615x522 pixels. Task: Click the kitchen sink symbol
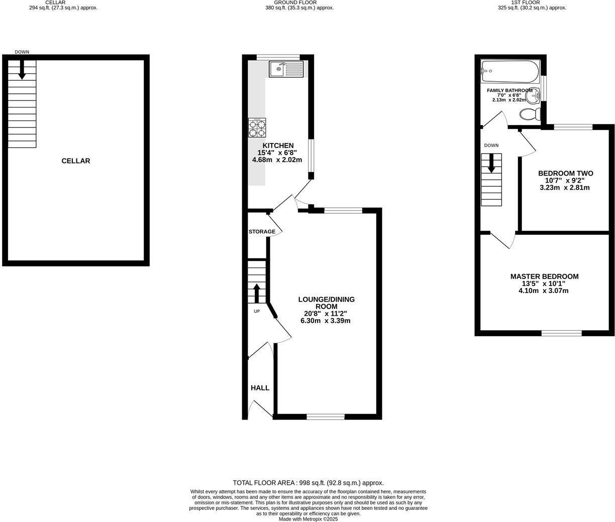tap(286, 69)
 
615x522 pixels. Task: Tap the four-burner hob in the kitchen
tap(257, 127)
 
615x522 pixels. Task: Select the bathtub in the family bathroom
tap(509, 71)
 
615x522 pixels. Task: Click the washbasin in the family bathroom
tap(536, 94)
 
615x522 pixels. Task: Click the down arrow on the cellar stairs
tap(22, 70)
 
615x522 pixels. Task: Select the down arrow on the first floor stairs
tap(491, 163)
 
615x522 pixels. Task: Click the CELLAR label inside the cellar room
tap(76, 161)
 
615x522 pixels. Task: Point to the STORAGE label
tap(262, 232)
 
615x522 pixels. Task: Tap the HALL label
tap(260, 388)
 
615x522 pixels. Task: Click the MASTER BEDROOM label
tap(544, 277)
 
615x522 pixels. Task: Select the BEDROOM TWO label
tap(565, 174)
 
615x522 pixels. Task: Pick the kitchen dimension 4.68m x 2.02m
tap(277, 160)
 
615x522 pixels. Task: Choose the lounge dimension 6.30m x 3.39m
tap(325, 321)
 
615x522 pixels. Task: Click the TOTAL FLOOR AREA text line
tap(308, 483)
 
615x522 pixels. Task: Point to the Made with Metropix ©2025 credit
tap(308, 519)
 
